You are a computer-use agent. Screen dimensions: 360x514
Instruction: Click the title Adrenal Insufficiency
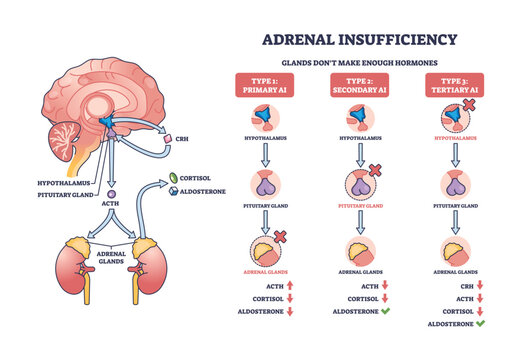coord(360,39)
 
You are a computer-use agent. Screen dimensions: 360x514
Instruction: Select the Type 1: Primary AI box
coord(266,85)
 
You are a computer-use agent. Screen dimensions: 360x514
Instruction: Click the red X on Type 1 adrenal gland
coord(283,236)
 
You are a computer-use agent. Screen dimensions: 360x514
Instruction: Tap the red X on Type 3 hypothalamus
coord(470,105)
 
